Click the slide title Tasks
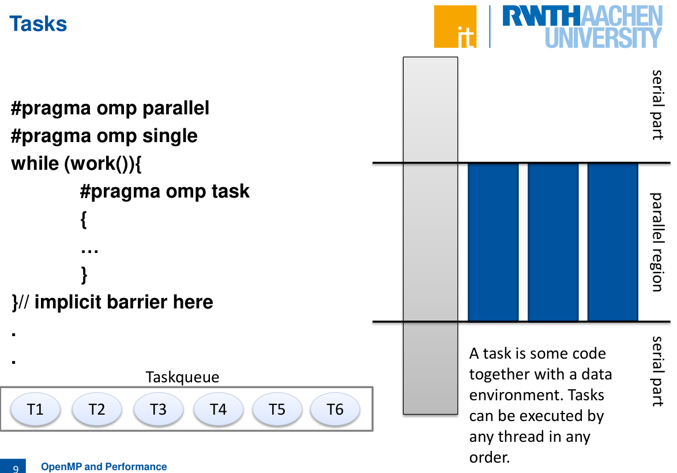tap(38, 24)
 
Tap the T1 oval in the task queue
tap(35, 409)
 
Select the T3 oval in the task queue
tap(159, 409)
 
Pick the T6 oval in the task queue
tap(335, 409)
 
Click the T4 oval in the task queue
tap(219, 409)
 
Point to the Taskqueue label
tap(182, 377)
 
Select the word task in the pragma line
tap(231, 191)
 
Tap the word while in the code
tap(35, 163)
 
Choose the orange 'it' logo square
tap(455, 27)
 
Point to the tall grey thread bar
tap(430, 236)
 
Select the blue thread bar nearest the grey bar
tap(493, 242)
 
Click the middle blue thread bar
tap(553, 242)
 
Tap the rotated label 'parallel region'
tap(657, 242)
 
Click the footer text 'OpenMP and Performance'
tap(104, 467)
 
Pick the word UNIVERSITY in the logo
tap(603, 38)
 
